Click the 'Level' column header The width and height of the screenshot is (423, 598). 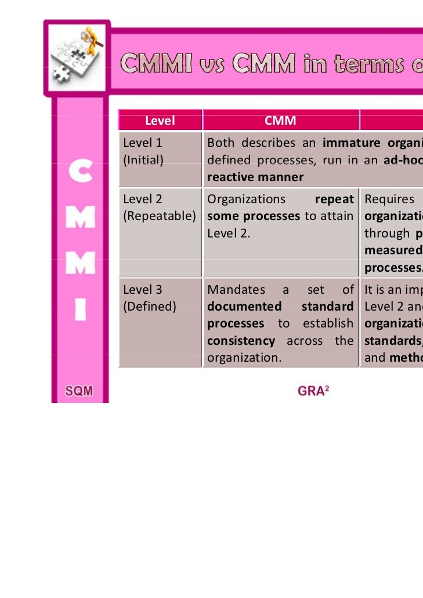[160, 121]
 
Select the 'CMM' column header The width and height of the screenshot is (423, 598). [280, 121]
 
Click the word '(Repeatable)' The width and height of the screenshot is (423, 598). [160, 216]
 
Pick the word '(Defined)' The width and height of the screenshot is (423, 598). [149, 306]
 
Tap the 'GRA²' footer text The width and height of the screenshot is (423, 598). [313, 391]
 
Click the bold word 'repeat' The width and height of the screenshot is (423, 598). [334, 199]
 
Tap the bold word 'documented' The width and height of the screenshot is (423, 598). [244, 306]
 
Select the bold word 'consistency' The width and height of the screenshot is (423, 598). [241, 341]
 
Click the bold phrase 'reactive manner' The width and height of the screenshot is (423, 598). [255, 177]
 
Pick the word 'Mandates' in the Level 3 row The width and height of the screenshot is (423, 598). [235, 289]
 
